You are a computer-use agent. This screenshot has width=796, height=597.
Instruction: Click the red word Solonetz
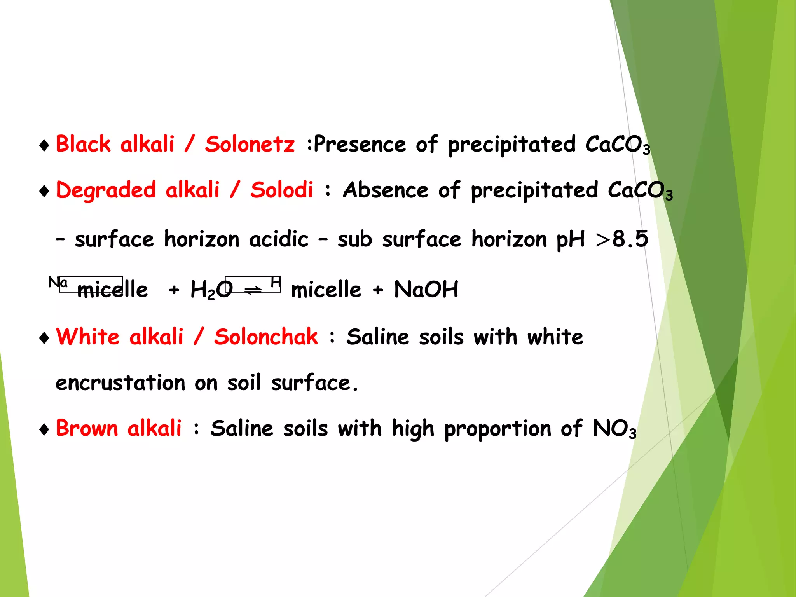point(250,144)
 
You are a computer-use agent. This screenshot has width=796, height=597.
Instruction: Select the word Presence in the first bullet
point(360,144)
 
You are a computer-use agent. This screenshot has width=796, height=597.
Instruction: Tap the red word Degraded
point(106,191)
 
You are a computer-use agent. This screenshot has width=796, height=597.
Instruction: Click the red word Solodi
point(281,190)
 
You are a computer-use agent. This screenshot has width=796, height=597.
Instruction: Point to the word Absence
point(385,190)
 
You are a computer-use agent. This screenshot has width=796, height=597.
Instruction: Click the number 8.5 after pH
point(630,239)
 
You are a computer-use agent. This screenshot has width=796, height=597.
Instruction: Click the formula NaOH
point(426,289)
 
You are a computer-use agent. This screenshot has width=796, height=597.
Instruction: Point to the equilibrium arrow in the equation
point(253,290)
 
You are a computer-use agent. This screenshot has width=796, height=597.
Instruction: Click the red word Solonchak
point(266,337)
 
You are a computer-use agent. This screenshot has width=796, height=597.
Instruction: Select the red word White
point(87,337)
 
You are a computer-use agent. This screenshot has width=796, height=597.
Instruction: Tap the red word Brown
point(87,428)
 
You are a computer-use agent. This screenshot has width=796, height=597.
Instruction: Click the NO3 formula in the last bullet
point(614,429)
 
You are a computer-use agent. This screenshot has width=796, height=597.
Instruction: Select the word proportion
point(497,429)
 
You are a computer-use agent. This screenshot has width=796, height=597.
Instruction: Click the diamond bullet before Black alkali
point(44,145)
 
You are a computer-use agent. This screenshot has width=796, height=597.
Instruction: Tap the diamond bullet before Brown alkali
point(44,429)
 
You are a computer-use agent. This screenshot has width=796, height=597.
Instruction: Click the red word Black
point(83,144)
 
